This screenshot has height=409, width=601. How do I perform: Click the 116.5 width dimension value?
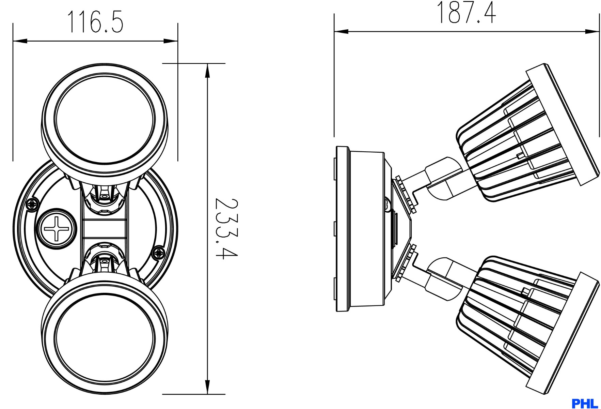95,21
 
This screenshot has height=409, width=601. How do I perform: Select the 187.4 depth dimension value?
466,12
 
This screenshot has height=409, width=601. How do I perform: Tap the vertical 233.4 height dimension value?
226,228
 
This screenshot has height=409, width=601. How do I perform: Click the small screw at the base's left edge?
33,204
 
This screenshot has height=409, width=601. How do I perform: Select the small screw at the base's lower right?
158,253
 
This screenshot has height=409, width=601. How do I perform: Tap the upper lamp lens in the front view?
105,119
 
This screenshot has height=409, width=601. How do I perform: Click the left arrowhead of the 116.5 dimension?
20,41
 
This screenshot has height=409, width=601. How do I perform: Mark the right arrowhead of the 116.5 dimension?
171,41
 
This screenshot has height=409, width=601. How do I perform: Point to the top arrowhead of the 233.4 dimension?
207,71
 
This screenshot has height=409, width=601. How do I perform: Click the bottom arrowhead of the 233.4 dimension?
207,387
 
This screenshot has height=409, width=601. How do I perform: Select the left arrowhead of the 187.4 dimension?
341,32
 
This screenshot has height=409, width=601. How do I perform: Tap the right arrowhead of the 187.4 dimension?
592,32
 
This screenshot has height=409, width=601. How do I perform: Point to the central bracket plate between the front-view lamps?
105,228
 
